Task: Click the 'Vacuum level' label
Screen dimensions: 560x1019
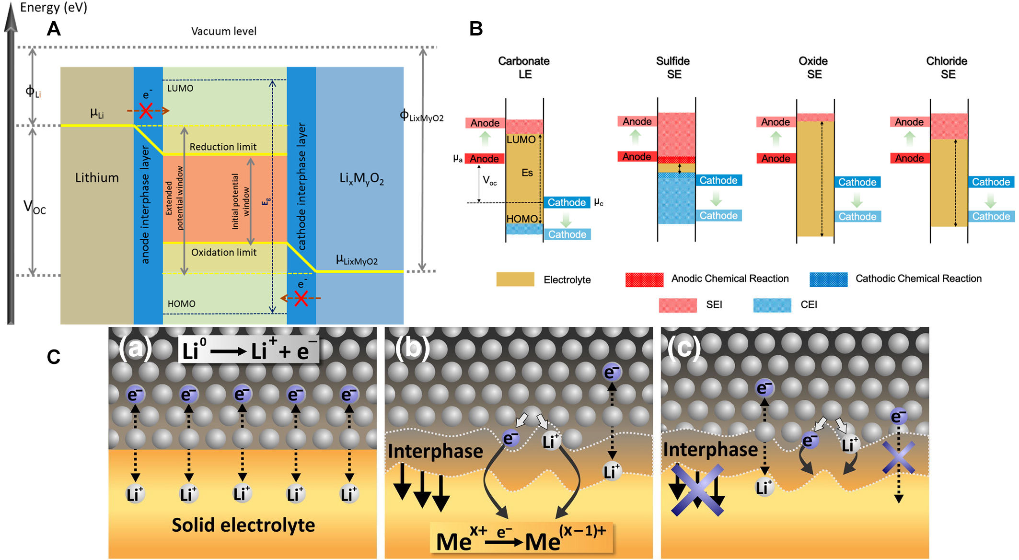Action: [223, 32]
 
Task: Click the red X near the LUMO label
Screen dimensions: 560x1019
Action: [146, 111]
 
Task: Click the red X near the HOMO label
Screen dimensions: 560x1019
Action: [301, 299]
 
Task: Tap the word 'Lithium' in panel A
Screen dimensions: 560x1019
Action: [97, 178]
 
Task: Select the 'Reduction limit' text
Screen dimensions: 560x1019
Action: [223, 147]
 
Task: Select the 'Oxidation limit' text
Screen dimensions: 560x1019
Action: [224, 252]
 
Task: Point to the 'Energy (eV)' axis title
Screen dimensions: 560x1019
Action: [54, 8]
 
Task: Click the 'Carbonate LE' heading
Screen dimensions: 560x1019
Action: [524, 68]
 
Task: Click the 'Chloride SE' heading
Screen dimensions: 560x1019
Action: [947, 68]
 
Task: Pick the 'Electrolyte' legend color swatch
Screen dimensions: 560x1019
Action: [515, 280]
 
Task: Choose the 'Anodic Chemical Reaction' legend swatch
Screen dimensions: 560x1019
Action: [644, 280]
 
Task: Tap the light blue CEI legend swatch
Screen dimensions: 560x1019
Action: [772, 305]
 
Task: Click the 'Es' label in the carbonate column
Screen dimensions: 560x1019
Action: [527, 173]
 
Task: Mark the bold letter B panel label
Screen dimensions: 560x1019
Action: [475, 29]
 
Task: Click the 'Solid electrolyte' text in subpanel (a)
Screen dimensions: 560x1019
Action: [243, 525]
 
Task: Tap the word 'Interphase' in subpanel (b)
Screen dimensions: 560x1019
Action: [435, 451]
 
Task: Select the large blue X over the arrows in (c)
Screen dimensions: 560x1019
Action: [697, 490]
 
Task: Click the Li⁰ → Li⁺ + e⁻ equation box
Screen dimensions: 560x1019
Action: [248, 350]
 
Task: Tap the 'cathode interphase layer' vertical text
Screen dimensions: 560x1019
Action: [301, 187]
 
